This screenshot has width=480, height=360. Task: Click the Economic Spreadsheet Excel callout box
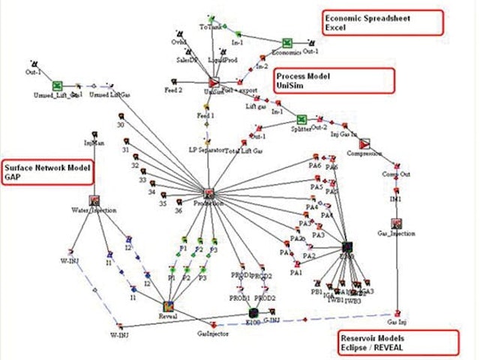[x=382, y=21]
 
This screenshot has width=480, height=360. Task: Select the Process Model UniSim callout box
[x=334, y=81]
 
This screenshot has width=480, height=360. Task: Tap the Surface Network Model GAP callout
[x=46, y=172]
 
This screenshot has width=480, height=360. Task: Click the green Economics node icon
[x=287, y=43]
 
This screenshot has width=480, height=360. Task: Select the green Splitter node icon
[x=301, y=119]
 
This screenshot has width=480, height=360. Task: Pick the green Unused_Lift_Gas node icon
[x=57, y=86]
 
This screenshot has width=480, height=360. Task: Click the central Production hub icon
[x=209, y=194]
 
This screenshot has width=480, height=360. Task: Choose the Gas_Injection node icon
[x=396, y=223]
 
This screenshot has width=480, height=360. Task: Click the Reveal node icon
[x=169, y=304]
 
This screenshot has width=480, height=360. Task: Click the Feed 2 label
[x=174, y=90]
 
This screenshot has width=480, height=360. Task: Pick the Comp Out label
[x=396, y=175]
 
